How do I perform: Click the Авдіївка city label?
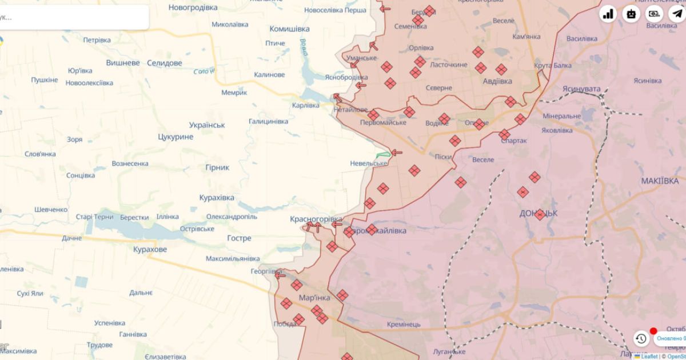[x=497, y=81]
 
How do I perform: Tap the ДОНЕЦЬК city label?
[x=538, y=213]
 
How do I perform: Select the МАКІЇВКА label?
[x=660, y=181]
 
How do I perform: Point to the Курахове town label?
[x=150, y=250]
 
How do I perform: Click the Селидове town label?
[x=164, y=63]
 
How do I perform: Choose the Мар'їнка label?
[x=314, y=298]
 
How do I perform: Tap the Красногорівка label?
[x=316, y=219]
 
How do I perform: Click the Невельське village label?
[x=369, y=163]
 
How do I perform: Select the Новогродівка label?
[x=193, y=7]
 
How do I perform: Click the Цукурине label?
[x=175, y=137]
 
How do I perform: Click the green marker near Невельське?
[x=383, y=155]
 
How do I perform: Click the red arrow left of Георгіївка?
[x=280, y=275]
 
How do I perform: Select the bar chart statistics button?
[x=608, y=14]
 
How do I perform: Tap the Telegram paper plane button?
[x=677, y=14]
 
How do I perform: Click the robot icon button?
[x=631, y=14]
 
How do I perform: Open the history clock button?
[x=641, y=339]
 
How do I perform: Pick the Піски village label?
[x=443, y=157]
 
